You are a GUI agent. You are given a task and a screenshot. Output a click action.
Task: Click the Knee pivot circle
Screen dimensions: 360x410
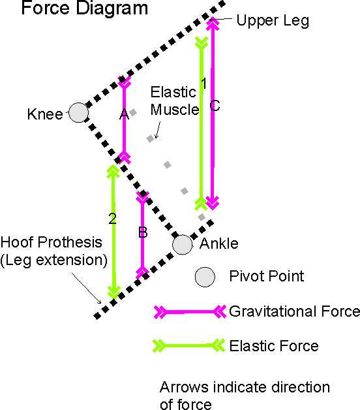pyautogui.click(x=79, y=113)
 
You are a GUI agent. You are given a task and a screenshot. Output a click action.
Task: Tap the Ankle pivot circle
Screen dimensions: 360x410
pyautogui.click(x=183, y=244)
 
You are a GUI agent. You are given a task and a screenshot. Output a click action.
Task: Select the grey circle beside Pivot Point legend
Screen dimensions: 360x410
pyautogui.click(x=205, y=277)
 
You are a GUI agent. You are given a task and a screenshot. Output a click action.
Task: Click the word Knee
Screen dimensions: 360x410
pyautogui.click(x=45, y=114)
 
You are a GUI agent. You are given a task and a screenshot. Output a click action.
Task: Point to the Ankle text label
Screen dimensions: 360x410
pyautogui.click(x=219, y=244)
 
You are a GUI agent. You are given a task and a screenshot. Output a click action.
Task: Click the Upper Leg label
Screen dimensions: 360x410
pyautogui.click(x=273, y=21)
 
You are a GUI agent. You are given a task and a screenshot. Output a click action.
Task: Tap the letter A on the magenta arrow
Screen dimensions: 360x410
pyautogui.click(x=124, y=114)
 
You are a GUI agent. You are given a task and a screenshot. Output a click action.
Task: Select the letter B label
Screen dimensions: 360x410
pyautogui.click(x=143, y=232)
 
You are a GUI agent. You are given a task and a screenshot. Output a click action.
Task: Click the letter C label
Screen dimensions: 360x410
pyautogui.click(x=215, y=106)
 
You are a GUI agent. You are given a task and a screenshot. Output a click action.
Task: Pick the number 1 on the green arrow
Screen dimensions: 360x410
pyautogui.click(x=204, y=84)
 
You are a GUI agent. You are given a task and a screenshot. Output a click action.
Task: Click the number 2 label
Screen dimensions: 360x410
pyautogui.click(x=113, y=219)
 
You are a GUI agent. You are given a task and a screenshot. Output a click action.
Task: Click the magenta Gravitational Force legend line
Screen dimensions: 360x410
pyautogui.click(x=190, y=311)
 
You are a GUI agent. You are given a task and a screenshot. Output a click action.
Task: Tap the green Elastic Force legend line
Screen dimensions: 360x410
pyautogui.click(x=188, y=345)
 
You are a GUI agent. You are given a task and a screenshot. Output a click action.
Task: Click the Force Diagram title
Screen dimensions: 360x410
pyautogui.click(x=84, y=8)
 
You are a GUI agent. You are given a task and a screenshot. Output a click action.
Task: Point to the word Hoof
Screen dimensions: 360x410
pyautogui.click(x=18, y=242)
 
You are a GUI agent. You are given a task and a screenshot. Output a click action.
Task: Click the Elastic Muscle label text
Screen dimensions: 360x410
pyautogui.click(x=175, y=101)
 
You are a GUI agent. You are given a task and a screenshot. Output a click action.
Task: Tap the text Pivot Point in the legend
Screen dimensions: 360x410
pyautogui.click(x=267, y=276)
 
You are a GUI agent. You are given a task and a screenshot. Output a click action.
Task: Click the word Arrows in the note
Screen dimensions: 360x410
pyautogui.click(x=184, y=387)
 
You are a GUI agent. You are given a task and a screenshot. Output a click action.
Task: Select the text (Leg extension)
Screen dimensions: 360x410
pyautogui.click(x=54, y=260)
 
